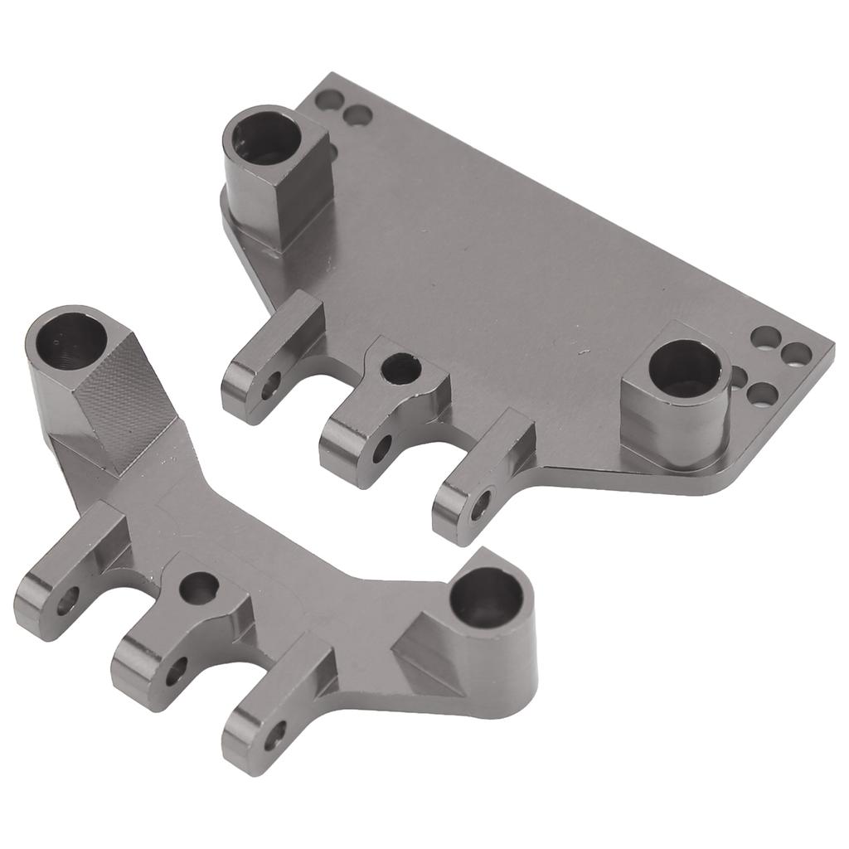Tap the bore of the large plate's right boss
[685, 368]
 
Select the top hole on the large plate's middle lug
[402, 368]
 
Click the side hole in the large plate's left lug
[270, 386]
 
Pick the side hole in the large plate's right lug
[480, 505]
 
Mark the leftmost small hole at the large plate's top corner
[329, 100]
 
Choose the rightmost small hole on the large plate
[797, 354]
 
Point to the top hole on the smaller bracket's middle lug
[200, 588]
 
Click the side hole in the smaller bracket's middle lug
[176, 671]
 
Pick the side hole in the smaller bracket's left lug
[67, 601]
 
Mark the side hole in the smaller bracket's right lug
[274, 734]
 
